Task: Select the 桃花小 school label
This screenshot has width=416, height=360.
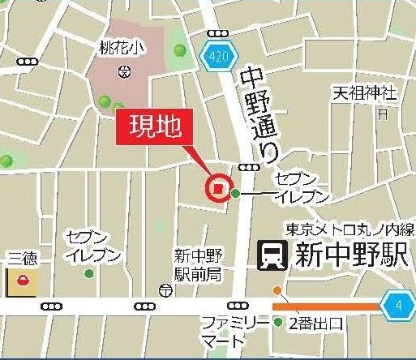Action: tap(122, 49)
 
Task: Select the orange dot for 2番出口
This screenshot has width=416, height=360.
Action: tap(277, 290)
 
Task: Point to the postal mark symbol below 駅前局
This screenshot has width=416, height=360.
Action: tap(165, 289)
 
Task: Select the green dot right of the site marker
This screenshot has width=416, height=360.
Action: tap(235, 193)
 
